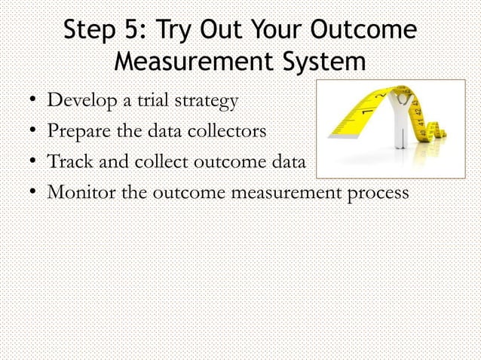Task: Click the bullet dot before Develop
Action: tap(26, 101)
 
